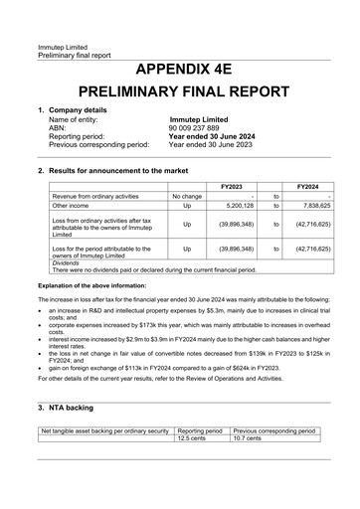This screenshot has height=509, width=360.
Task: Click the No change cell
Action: pos(187,197)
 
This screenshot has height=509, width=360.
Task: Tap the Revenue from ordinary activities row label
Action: pos(91,197)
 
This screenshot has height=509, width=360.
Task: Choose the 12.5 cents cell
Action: pos(192,437)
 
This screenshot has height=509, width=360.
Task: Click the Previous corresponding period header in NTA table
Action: pos(274,429)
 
